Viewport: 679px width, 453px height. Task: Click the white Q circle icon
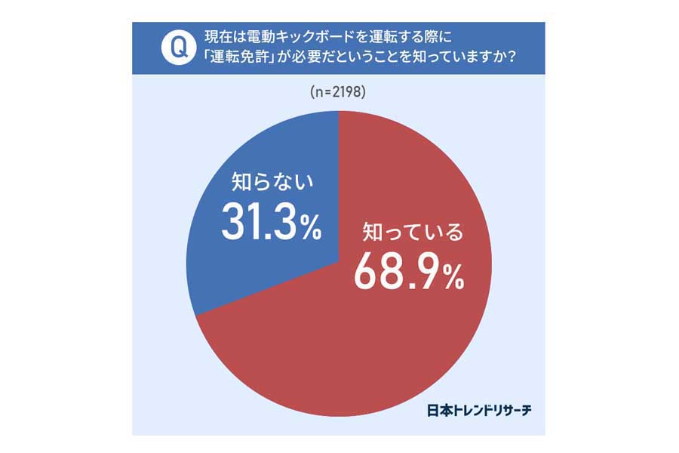coord(178,48)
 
